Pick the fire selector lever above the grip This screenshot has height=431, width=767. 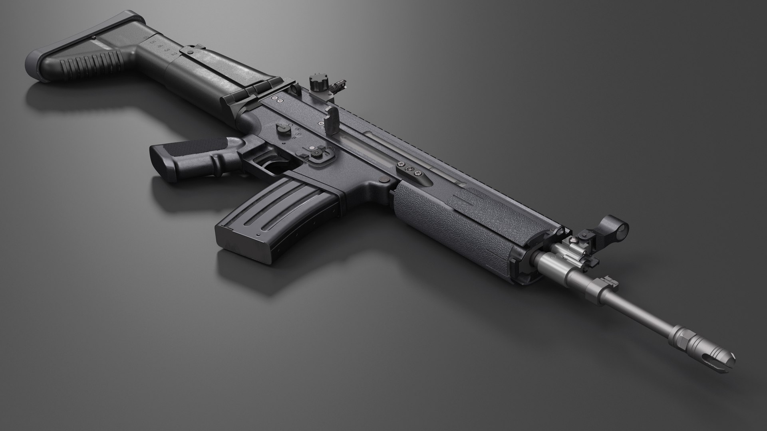[283, 129]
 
